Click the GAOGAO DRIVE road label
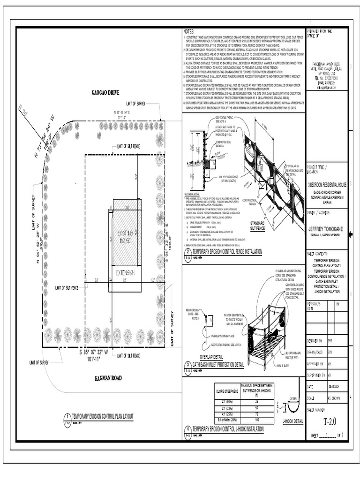(x=105, y=93)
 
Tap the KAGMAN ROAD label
(x=108, y=378)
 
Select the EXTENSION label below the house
(x=125, y=273)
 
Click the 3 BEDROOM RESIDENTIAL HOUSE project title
(x=327, y=185)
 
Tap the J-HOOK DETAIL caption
(x=293, y=421)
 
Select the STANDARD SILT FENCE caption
(x=257, y=225)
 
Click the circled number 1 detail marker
(x=67, y=416)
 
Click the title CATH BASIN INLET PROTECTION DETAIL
(x=218, y=365)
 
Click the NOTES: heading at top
(x=188, y=30)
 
